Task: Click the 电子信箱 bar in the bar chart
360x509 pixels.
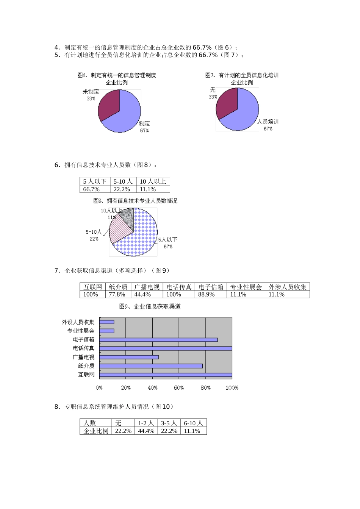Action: [x=158, y=340]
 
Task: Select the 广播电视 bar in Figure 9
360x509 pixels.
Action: [x=129, y=357]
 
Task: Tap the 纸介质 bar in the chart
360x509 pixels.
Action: [x=151, y=366]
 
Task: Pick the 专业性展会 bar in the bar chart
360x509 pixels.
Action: [x=106, y=331]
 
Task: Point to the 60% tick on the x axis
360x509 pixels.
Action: [x=179, y=388]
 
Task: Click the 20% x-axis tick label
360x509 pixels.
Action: [x=126, y=388]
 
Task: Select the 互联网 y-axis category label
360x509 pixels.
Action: [x=86, y=375]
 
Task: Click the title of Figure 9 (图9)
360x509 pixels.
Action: [x=150, y=306]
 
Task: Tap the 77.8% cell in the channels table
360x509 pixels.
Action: [x=117, y=294]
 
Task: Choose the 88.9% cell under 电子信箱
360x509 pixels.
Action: [x=207, y=294]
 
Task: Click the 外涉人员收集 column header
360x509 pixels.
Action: [x=287, y=287]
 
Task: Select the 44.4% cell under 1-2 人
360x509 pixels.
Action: [x=146, y=431]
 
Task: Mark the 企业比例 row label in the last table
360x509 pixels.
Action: [x=96, y=431]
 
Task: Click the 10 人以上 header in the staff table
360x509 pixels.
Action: [x=153, y=181]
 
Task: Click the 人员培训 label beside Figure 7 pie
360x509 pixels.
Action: [x=268, y=122]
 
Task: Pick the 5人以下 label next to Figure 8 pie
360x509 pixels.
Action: [x=167, y=239]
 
